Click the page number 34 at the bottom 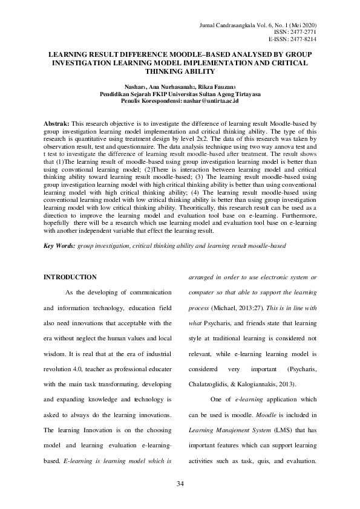(x=180, y=484)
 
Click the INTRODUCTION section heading (x=70, y=277)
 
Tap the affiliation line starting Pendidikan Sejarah (x=180, y=96)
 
